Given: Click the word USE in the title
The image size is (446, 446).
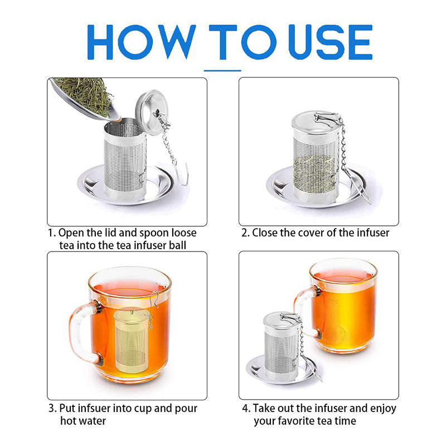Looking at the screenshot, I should tap(329, 42).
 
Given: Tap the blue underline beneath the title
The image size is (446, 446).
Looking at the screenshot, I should tap(222, 71).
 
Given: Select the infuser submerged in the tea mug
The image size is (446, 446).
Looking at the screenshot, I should tap(130, 340).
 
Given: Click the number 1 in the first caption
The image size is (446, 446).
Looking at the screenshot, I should tap(50, 232).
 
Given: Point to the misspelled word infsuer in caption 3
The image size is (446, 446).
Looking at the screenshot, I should tap(99, 409).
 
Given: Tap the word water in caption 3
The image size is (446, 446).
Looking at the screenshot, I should tap(91, 421).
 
